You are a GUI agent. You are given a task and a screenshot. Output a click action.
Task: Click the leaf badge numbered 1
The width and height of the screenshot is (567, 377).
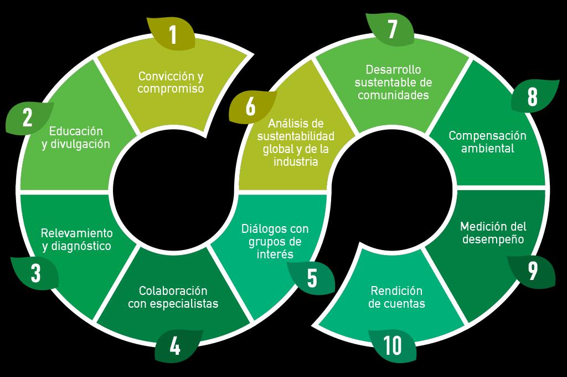pos(172,34)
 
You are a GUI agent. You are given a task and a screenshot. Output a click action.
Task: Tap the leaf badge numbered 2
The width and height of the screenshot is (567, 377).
pos(28,118)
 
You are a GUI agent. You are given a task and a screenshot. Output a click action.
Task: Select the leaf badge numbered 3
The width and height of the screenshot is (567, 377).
pos(35,273)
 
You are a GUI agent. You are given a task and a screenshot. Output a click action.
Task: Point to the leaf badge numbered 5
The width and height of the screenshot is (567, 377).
pos(312,278)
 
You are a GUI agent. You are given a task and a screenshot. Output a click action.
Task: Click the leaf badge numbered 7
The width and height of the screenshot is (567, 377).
pos(392,29)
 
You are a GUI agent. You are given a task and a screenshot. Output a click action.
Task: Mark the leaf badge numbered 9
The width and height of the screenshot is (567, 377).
pos(532,271)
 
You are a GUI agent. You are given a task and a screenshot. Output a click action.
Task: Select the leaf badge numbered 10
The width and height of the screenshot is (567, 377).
pos(393,346)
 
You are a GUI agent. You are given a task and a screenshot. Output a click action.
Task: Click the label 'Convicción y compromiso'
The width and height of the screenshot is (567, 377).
pos(171,82)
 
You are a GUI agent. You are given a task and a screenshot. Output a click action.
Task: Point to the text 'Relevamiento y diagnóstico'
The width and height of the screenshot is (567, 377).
pos(76,239)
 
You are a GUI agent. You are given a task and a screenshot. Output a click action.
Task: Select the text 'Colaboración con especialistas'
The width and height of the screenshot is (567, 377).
pos(173,297)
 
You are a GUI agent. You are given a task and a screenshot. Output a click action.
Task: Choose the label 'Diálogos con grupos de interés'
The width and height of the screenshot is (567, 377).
pos(275,241)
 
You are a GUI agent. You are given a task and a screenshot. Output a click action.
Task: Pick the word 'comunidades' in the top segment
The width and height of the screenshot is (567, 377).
pos(393,95)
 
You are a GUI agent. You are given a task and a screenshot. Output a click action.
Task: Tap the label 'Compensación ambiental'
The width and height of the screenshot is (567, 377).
pos(487,142)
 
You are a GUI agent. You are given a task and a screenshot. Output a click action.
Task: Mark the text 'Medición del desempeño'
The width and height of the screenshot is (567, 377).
pos(493,233)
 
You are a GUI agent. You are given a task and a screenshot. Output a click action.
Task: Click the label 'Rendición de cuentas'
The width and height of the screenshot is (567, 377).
pos(396,297)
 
